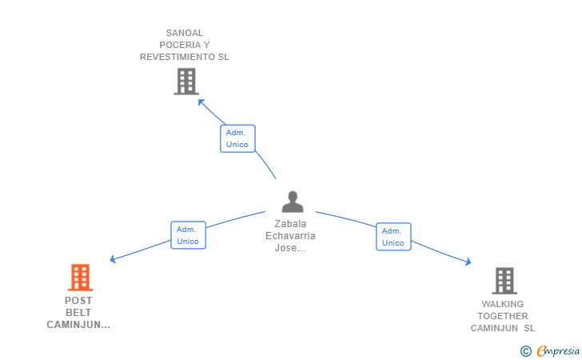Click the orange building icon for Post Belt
click(x=80, y=278)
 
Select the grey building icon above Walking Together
click(x=504, y=281)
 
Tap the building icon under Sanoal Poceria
click(x=185, y=81)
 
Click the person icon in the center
click(x=293, y=202)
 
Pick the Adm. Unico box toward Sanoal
click(x=237, y=138)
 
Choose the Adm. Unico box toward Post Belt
click(x=188, y=235)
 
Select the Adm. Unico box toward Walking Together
click(x=393, y=237)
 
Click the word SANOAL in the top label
click(x=185, y=34)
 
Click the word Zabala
click(x=290, y=224)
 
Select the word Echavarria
click(x=290, y=236)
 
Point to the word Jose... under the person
click(x=290, y=248)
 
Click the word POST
click(x=78, y=301)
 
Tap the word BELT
click(x=78, y=313)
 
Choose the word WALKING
click(x=503, y=304)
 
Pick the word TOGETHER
click(x=503, y=316)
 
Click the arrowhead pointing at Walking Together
click(x=468, y=262)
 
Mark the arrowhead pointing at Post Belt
click(x=113, y=259)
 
